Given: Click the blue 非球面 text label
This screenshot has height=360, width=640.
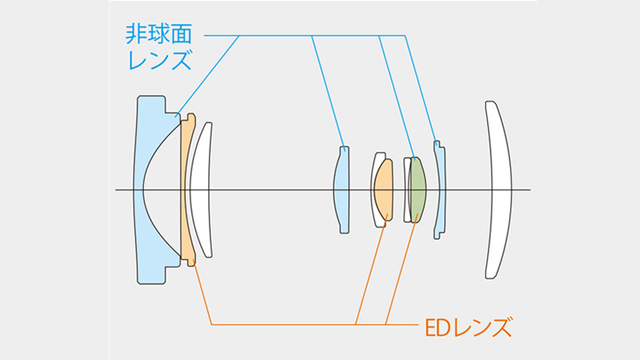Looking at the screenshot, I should click(x=158, y=35).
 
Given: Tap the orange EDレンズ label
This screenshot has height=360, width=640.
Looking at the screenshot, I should click(x=464, y=328).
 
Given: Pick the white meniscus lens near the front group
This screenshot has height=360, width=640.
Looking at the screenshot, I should click(x=201, y=190).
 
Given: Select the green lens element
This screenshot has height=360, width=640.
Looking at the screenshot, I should click(x=418, y=190).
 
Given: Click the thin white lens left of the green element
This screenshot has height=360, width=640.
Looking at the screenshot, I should click(x=406, y=190).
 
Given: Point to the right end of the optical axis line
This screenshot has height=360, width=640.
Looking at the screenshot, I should click(x=529, y=190).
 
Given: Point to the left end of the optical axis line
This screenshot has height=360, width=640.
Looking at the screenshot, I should click(x=116, y=190).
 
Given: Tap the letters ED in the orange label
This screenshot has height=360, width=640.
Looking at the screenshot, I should click(x=433, y=328).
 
